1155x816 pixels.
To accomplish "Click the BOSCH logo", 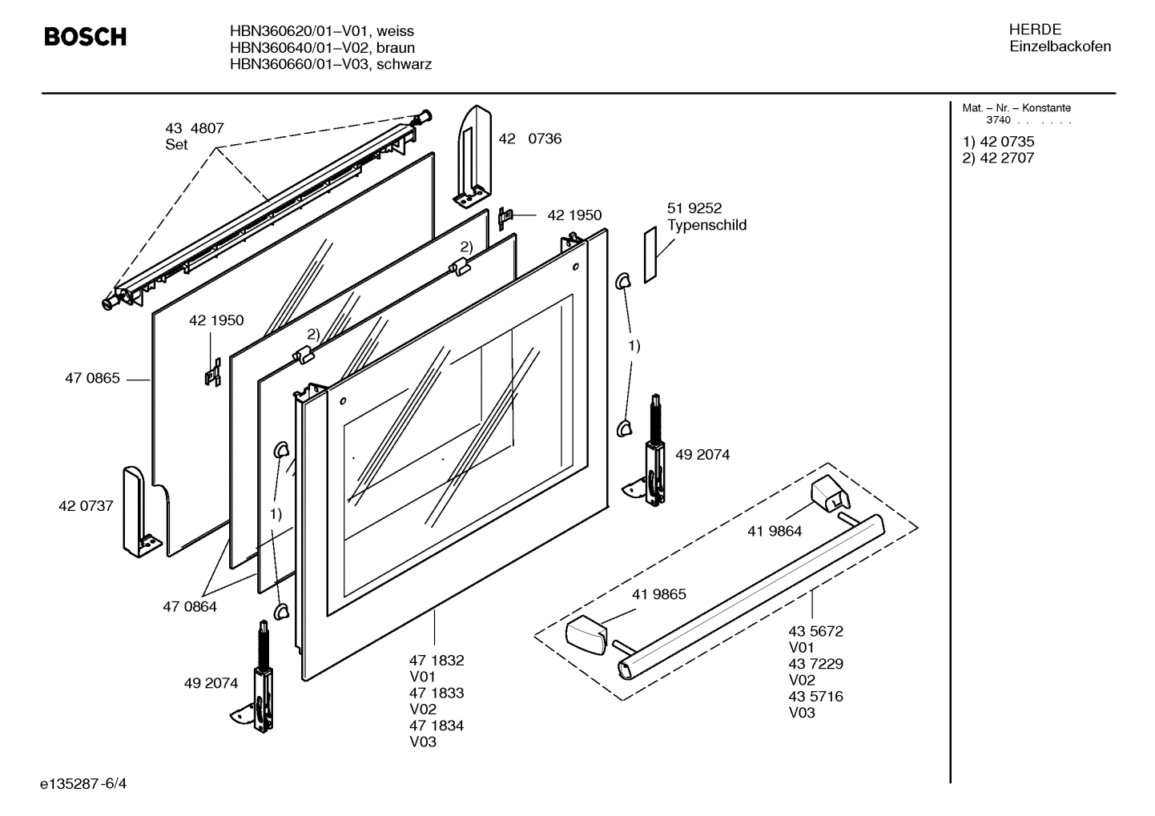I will click(x=85, y=37).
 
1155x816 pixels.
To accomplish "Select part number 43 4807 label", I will click(x=195, y=128).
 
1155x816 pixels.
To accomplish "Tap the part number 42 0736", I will click(x=530, y=139).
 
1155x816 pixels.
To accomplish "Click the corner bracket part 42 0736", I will click(x=475, y=152).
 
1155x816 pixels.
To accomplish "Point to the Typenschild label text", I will click(x=706, y=225).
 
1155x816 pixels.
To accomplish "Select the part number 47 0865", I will click(x=92, y=378).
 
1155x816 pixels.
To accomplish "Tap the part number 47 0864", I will click(x=190, y=607).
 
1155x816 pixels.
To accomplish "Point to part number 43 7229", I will click(x=815, y=664).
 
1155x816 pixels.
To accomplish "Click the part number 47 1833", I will click(x=437, y=693).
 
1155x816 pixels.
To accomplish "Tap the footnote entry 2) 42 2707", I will click(x=998, y=158).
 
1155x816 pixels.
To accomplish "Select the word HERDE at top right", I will click(x=1035, y=30).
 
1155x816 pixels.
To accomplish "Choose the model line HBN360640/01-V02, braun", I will click(x=322, y=47).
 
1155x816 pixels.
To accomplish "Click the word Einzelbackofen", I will click(x=1060, y=46).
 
